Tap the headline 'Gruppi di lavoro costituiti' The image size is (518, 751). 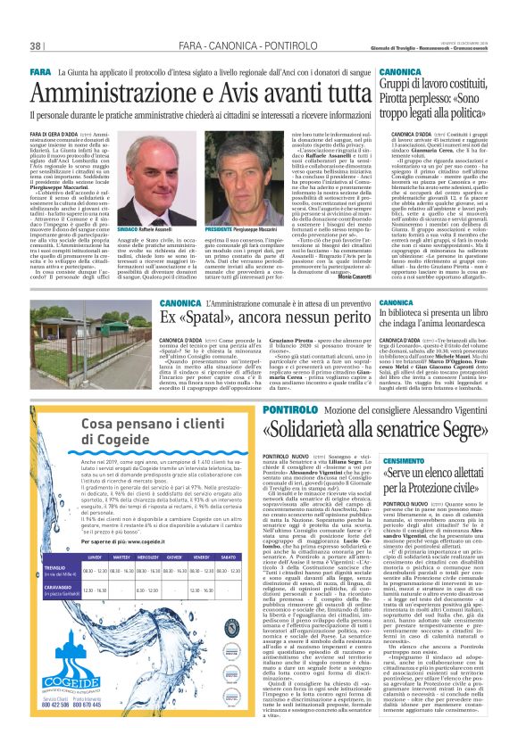click(439, 83)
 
